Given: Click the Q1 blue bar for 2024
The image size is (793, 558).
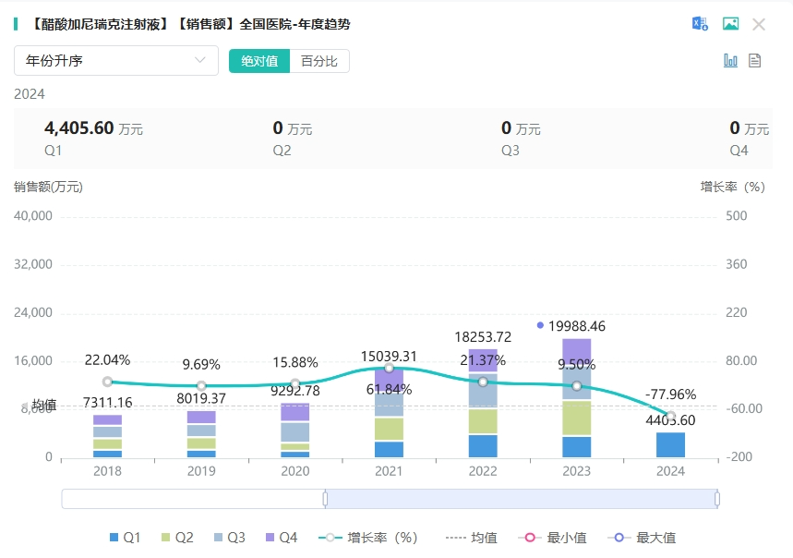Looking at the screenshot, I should pyautogui.click(x=670, y=444).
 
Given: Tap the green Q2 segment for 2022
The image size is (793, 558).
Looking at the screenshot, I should pyautogui.click(x=483, y=421).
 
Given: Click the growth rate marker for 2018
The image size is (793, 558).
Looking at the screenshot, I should pyautogui.click(x=107, y=382).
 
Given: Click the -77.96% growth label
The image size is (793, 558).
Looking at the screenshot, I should pyautogui.click(x=670, y=394).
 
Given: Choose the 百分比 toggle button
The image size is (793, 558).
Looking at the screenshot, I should pyautogui.click(x=319, y=61).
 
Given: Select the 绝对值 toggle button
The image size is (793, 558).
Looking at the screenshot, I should pyautogui.click(x=259, y=61).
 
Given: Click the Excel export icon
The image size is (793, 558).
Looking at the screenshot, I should pyautogui.click(x=701, y=24).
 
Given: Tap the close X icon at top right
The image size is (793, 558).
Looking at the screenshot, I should pyautogui.click(x=759, y=24).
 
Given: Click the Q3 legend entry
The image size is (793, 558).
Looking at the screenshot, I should pyautogui.click(x=228, y=538).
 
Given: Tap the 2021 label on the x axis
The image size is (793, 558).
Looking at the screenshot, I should pyautogui.click(x=389, y=470).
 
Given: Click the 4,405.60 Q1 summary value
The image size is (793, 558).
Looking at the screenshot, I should pyautogui.click(x=78, y=128).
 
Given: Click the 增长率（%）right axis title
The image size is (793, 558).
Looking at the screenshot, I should pyautogui.click(x=733, y=187).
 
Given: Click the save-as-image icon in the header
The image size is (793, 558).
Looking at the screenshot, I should pyautogui.click(x=730, y=24).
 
